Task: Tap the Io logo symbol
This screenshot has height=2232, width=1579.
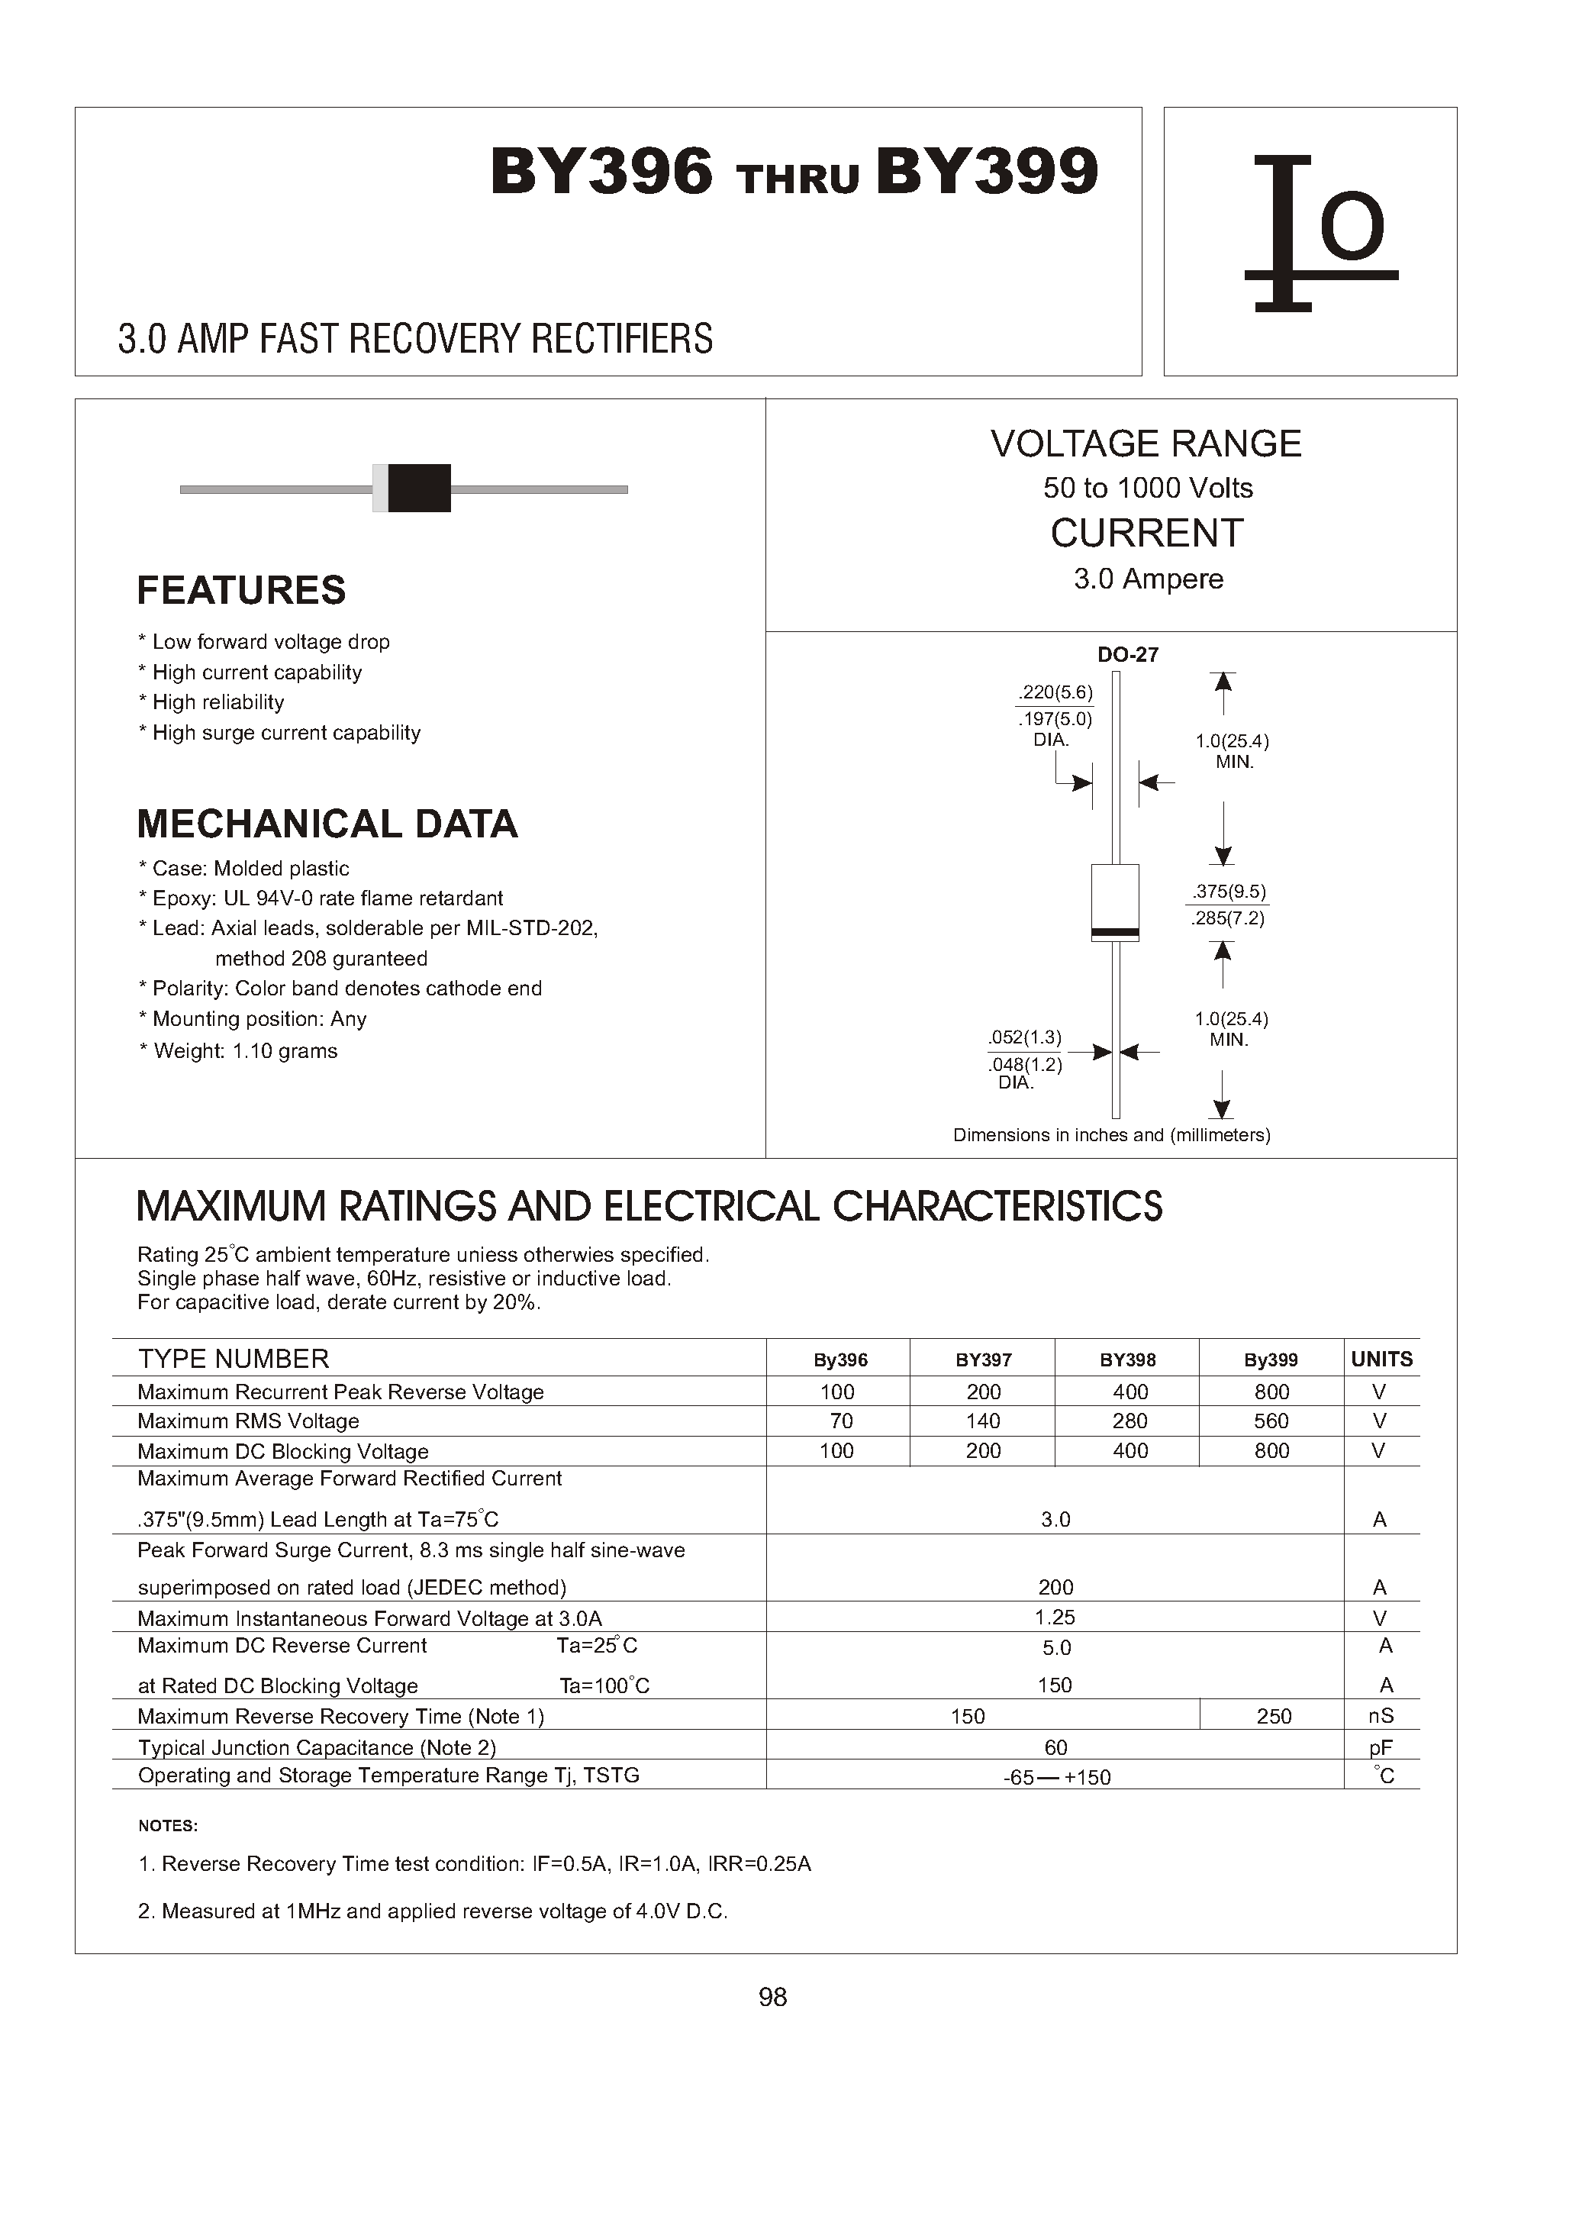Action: [x=1320, y=234]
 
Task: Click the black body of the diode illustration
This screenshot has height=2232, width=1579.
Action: [x=419, y=489]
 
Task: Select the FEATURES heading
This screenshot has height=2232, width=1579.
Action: [x=241, y=590]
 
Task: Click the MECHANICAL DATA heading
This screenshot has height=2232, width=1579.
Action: [x=327, y=824]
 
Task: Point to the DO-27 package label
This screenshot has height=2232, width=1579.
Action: [x=1127, y=654]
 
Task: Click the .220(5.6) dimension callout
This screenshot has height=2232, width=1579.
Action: [x=1055, y=692]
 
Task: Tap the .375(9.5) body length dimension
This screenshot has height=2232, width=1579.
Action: [x=1229, y=892]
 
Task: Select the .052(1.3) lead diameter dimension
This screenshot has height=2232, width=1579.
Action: [x=1025, y=1037]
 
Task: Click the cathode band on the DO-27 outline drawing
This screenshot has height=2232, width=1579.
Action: [x=1115, y=933]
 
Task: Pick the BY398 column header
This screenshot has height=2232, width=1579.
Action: [x=1128, y=1360]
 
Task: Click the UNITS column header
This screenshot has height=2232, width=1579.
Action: [x=1381, y=1359]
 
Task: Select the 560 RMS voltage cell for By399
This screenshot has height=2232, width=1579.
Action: [x=1271, y=1421]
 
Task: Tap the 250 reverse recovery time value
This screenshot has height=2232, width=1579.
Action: [x=1273, y=1717]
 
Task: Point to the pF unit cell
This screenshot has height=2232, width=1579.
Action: [x=1380, y=1748]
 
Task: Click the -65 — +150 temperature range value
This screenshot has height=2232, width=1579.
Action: [x=1056, y=1777]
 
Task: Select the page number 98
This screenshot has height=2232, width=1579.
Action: [x=772, y=1997]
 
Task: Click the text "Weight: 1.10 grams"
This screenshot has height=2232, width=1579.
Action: [x=245, y=1050]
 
